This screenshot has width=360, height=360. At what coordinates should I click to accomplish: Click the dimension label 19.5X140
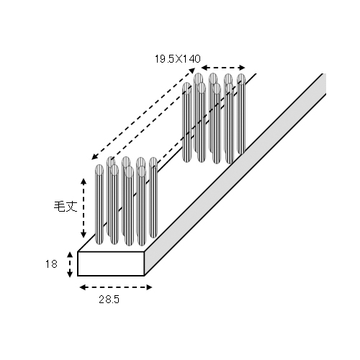click(177, 59)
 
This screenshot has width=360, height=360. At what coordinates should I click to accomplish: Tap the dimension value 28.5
click(109, 300)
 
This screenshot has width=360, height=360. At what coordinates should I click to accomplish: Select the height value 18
click(51, 264)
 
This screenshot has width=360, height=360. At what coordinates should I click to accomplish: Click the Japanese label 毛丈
click(66, 207)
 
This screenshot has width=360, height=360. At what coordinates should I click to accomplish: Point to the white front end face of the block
click(111, 264)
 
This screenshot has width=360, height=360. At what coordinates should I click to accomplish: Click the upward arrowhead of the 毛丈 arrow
click(84, 181)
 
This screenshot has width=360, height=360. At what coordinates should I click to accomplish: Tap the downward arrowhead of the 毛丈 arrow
click(84, 234)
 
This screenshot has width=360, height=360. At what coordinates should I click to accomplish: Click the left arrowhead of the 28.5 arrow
click(83, 287)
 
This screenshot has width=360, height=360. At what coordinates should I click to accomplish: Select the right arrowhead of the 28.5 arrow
click(149, 287)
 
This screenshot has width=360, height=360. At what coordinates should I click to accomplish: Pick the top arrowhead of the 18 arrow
click(70, 255)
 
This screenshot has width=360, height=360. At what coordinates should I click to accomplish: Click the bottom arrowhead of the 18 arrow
click(70, 274)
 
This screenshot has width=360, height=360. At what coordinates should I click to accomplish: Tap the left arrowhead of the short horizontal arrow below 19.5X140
click(204, 68)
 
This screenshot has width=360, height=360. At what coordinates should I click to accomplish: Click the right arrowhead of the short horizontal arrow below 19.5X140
click(241, 68)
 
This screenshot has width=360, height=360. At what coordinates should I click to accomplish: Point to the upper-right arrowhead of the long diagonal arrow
click(192, 71)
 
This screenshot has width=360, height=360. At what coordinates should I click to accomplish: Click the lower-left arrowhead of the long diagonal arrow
click(94, 157)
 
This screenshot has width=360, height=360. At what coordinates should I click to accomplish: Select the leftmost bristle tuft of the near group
click(99, 204)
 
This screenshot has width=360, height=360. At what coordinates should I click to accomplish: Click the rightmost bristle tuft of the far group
click(241, 114)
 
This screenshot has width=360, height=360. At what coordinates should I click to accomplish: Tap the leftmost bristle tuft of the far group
click(187, 122)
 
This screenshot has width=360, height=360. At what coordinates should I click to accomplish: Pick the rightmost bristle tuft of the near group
click(153, 197)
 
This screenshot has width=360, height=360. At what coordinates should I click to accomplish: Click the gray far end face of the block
click(324, 84)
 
